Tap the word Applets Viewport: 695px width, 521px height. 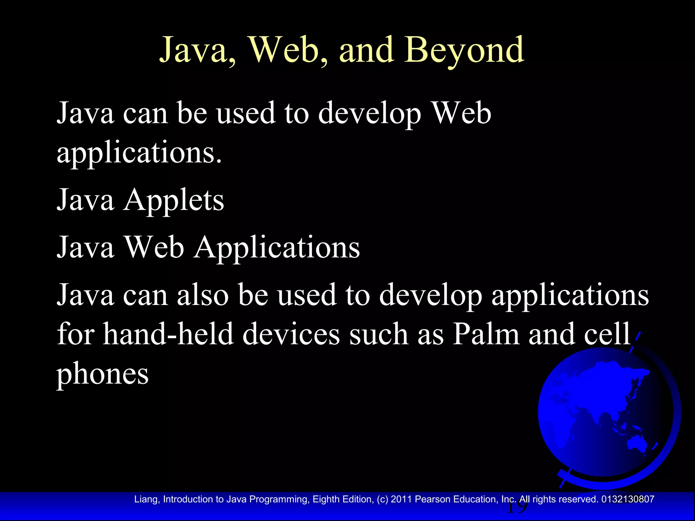(173, 200)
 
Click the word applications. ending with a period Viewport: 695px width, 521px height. (139, 153)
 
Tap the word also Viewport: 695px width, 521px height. (203, 295)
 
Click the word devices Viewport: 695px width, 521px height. (291, 334)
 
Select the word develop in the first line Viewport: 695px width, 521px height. (369, 114)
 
